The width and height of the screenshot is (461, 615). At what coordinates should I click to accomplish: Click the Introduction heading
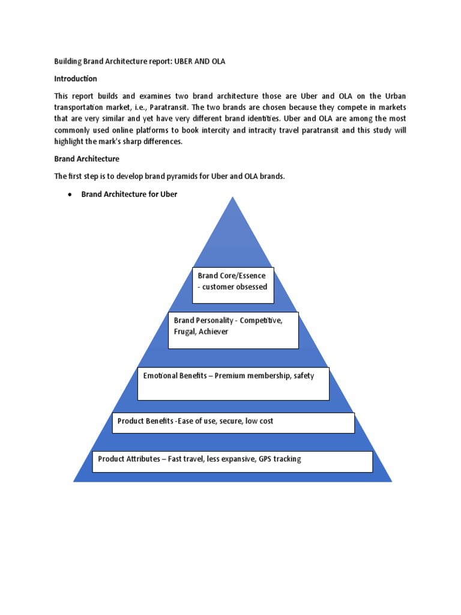[x=76, y=79]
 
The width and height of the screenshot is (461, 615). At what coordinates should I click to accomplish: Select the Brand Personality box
[x=233, y=330]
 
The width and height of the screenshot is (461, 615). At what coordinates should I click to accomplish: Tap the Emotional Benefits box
[x=233, y=384]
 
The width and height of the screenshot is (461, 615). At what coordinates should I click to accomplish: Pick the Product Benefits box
[x=233, y=423]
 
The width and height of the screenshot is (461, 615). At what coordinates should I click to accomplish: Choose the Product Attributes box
[x=233, y=461]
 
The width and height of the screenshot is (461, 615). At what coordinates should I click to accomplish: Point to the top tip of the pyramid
[x=233, y=198]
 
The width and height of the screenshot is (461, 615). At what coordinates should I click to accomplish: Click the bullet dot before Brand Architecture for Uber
[x=70, y=195]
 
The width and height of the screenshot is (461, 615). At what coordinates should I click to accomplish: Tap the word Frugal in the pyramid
[x=185, y=332]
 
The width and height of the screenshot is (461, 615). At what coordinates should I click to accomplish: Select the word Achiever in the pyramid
[x=215, y=332]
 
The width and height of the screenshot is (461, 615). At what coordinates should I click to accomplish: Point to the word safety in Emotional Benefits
[x=303, y=376]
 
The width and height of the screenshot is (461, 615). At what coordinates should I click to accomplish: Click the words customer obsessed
[x=235, y=287]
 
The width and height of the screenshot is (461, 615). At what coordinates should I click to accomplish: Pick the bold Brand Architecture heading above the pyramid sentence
[x=87, y=159]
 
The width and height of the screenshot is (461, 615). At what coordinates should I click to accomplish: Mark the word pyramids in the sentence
[x=176, y=176]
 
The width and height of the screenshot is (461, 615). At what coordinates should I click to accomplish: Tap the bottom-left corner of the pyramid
[x=74, y=480]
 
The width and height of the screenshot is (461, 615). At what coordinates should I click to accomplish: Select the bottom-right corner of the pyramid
[x=391, y=480]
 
